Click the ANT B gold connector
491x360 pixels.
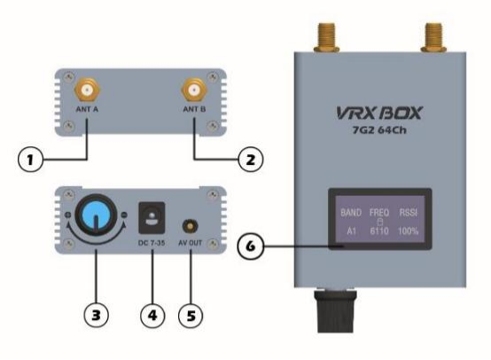pyautogui.click(x=191, y=91)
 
